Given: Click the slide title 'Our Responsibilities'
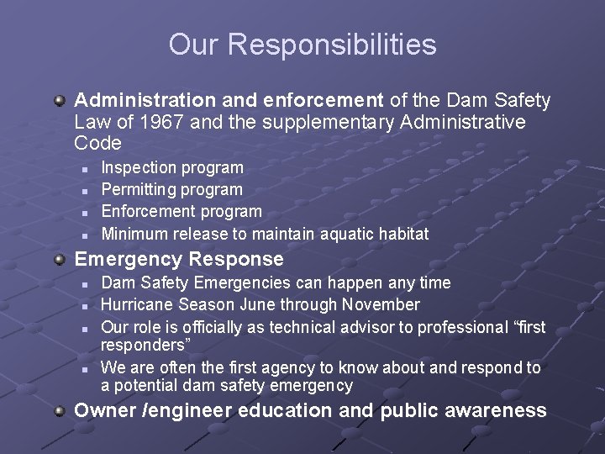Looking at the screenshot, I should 302,45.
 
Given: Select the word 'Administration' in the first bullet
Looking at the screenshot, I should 137,102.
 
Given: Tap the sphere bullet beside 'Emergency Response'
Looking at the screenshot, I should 60,259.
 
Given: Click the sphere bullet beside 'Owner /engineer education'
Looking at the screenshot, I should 60,410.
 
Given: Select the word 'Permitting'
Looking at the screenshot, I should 139,190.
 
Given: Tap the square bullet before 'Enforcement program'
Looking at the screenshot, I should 84,212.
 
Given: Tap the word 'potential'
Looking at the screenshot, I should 145,386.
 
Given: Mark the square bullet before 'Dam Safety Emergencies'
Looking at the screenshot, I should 84,283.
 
